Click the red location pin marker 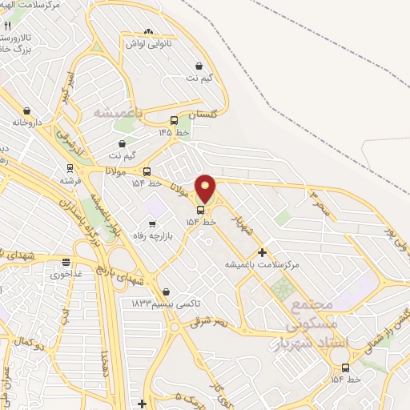pos(205,189)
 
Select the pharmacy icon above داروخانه pos(27,111)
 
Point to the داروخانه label pos(26,123)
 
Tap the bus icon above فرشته pos(70,169)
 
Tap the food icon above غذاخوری pos(66,262)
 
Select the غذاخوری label pos(66,274)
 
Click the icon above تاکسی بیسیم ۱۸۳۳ pos(166,292)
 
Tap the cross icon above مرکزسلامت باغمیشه pos(262,251)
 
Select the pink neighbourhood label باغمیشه pos(117,113)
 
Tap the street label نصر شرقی pos(210,320)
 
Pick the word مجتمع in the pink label pos(312,307)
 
